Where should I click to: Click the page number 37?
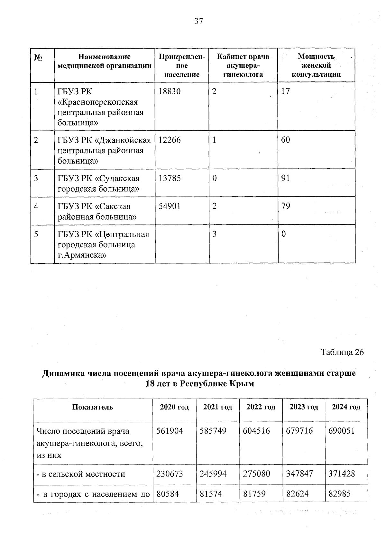[198, 22]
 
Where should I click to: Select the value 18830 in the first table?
[170, 91]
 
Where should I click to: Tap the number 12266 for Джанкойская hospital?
[170, 140]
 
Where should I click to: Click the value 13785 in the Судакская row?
[170, 178]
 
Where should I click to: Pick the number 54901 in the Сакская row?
[170, 206]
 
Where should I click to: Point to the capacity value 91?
[285, 178]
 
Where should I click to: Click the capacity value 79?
[285, 206]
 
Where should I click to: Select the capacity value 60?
[285, 140]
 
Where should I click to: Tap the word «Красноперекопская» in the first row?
[97, 102]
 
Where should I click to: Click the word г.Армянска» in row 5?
[82, 256]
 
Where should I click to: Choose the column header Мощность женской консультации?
[316, 65]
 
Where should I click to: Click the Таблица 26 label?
[342, 352]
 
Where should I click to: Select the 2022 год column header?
[261, 407]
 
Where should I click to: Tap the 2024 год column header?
[346, 407]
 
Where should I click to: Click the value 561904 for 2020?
[170, 431]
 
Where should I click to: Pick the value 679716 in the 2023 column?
[299, 431]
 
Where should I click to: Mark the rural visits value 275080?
[256, 474]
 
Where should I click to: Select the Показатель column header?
[93, 407]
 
